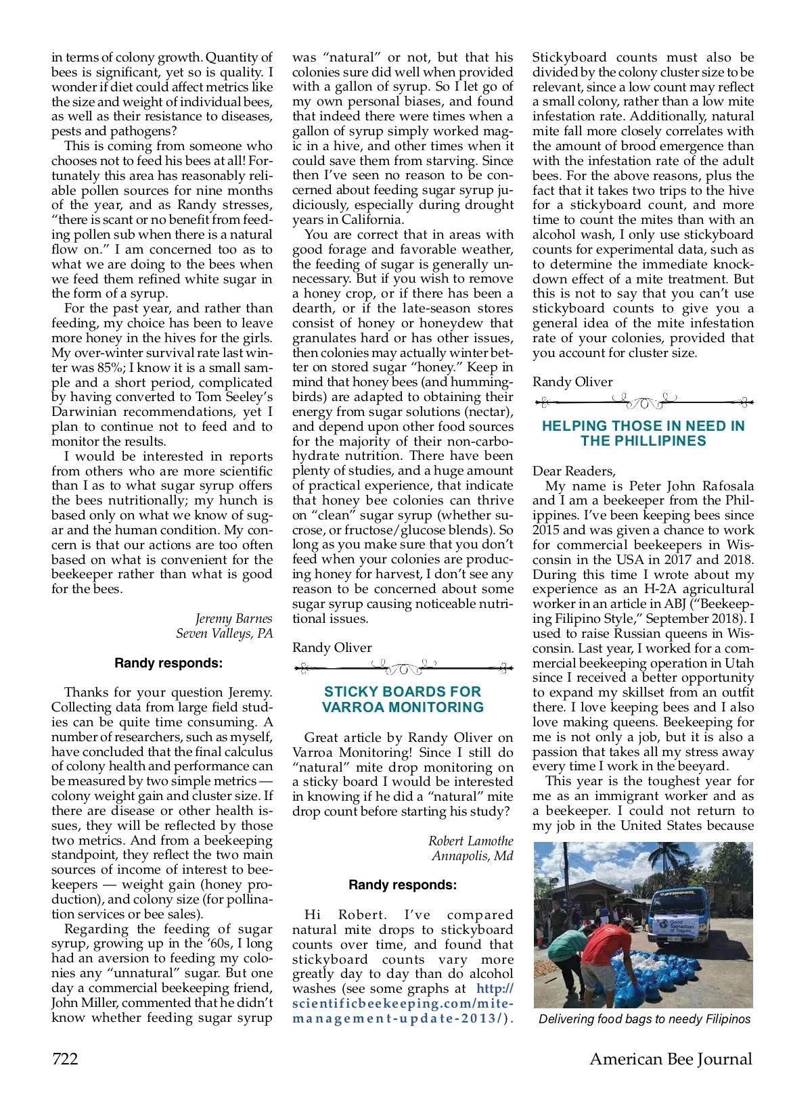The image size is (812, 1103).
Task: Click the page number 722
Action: tap(65, 1058)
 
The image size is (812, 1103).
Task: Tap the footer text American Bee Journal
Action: tap(671, 1058)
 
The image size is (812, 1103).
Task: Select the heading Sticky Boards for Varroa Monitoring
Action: tap(403, 699)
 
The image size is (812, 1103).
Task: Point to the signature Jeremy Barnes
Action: tap(233, 618)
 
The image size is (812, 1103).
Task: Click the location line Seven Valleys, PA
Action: tap(224, 633)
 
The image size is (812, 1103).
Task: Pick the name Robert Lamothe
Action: tap(470, 841)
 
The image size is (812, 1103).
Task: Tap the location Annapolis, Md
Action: tap(472, 855)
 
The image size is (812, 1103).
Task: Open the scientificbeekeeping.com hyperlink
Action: tap(403, 1004)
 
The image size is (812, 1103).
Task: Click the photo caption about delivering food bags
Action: tap(644, 1018)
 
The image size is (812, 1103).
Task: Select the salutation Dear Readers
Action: tap(574, 471)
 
